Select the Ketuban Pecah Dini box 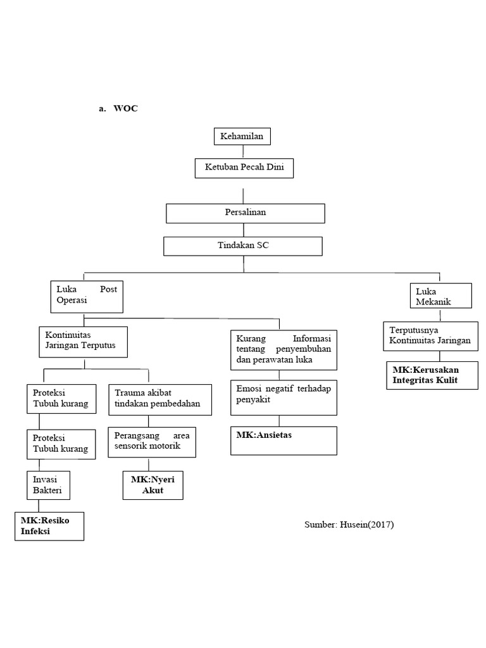tap(244, 168)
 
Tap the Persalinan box tap(245, 213)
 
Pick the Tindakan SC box tap(243, 246)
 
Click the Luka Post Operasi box tap(87, 296)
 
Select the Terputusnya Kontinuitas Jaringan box tap(430, 337)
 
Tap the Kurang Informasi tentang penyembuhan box tap(283, 349)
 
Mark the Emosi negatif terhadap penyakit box tap(283, 397)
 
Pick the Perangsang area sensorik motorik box tap(153, 442)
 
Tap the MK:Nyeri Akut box tap(153, 485)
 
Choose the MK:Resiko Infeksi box tap(50, 526)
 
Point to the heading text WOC tap(125, 109)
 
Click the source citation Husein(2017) tap(349, 525)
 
